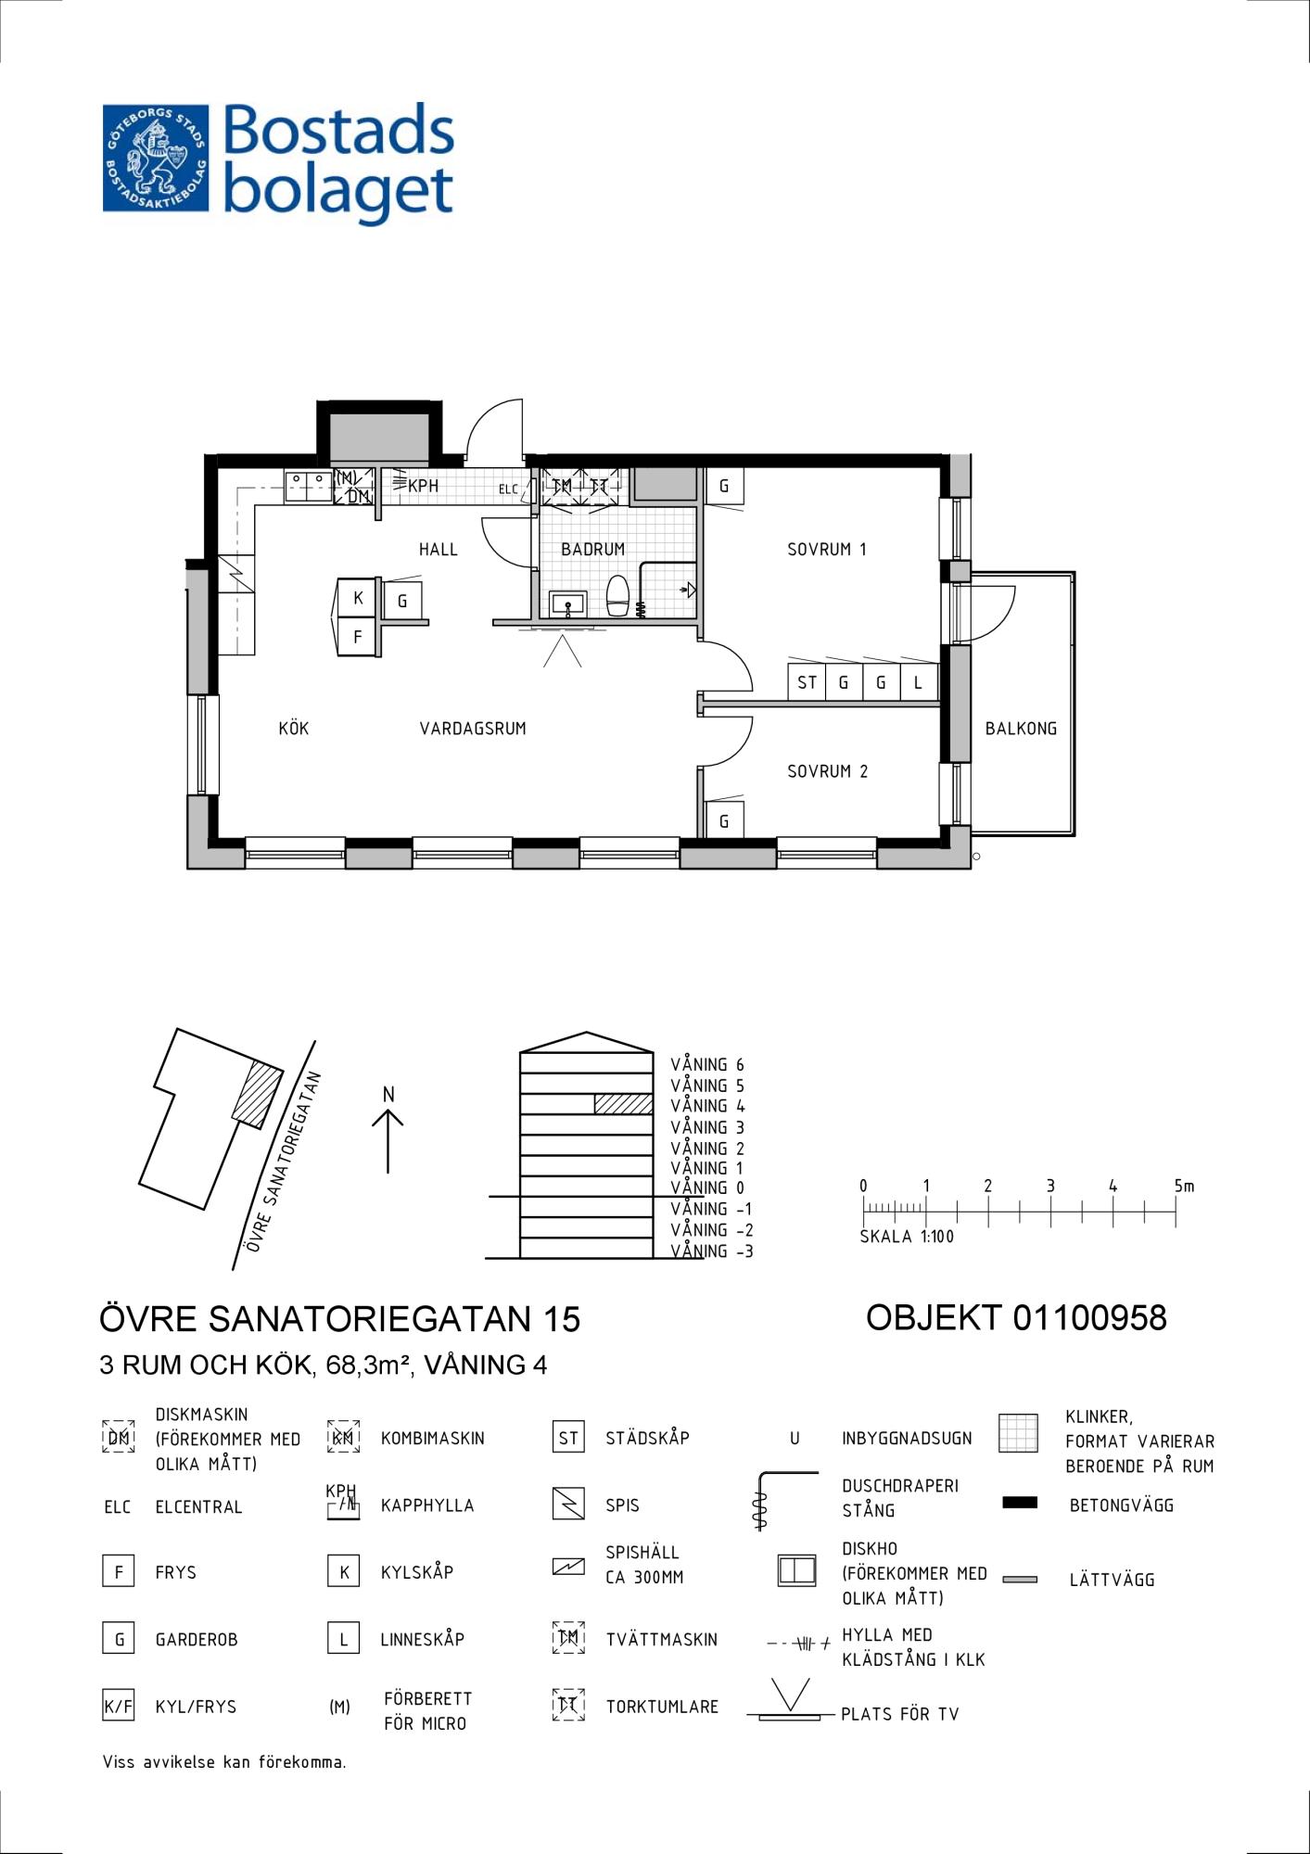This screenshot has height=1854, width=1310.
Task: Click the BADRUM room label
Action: [592, 549]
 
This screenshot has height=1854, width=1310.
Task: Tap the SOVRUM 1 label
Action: [827, 549]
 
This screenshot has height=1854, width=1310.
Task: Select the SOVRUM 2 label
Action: [828, 771]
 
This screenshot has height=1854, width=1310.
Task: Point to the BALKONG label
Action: [1021, 729]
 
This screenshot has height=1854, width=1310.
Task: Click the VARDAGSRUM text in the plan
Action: [473, 729]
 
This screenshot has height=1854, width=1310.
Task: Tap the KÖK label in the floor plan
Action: [294, 728]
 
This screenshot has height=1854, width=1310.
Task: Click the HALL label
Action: [439, 549]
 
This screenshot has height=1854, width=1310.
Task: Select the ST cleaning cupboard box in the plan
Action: [807, 682]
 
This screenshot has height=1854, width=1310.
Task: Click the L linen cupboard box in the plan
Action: [919, 682]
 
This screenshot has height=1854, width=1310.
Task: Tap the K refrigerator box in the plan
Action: [358, 598]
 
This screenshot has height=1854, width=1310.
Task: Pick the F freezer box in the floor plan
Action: [358, 637]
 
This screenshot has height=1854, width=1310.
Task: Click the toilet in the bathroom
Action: [618, 595]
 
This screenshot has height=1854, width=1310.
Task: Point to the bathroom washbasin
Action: [566, 604]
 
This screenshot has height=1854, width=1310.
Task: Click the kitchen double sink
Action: [309, 486]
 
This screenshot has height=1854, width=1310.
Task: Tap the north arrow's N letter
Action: [388, 1095]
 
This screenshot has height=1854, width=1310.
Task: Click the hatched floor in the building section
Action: [623, 1104]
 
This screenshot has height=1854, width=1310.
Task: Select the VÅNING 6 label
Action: [707, 1065]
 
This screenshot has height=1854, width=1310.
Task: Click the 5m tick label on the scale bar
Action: [1184, 1186]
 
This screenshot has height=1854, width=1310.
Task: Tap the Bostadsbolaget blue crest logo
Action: [157, 158]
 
